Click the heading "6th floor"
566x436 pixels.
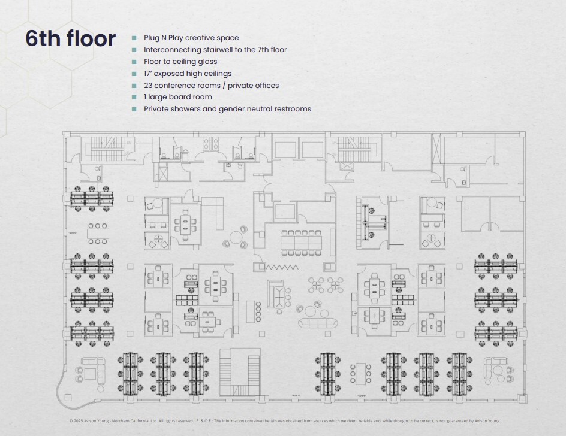(x=70, y=38)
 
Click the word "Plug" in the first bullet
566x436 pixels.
(x=152, y=38)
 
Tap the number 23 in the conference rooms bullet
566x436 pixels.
(x=149, y=86)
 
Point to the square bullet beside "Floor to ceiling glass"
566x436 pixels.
(x=134, y=62)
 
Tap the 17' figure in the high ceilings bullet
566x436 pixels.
(x=149, y=74)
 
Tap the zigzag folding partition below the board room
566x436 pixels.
(x=281, y=267)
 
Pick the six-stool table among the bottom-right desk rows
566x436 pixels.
(x=361, y=373)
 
